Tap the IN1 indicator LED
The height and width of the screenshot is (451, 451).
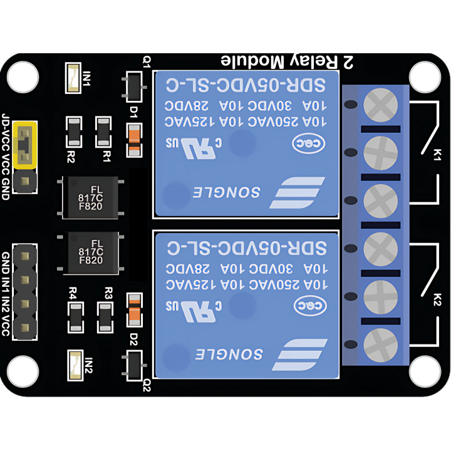tap(74, 79)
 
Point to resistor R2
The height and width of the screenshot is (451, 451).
tap(74, 132)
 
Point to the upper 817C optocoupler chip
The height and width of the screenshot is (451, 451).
tap(91, 197)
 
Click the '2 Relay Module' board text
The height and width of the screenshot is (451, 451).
tap(288, 61)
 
